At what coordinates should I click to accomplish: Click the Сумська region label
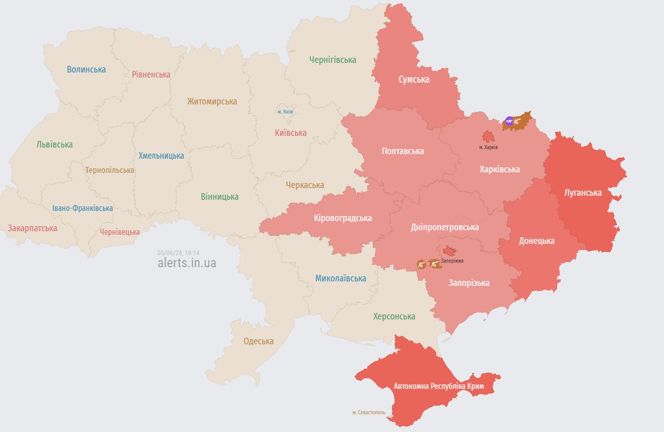[x=414, y=80]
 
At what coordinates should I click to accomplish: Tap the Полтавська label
[x=403, y=151]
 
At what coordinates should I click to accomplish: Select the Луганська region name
[x=583, y=193]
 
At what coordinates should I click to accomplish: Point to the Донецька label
[x=536, y=241]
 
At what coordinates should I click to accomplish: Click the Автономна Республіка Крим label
[x=439, y=386]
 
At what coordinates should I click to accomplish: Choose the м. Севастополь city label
[x=369, y=413]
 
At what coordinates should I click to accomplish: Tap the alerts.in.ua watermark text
[x=187, y=263]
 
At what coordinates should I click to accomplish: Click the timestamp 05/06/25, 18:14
[x=178, y=253]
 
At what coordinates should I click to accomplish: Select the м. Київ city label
[x=286, y=112]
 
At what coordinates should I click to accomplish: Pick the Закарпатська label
[x=32, y=228]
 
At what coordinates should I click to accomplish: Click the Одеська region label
[x=258, y=341]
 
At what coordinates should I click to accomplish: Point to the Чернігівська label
[x=333, y=60]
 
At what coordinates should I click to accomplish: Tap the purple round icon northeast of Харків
[x=509, y=121]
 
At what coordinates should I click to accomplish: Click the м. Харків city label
[x=488, y=147]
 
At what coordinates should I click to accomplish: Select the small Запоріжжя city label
[x=452, y=261]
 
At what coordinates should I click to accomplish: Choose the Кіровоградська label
[x=342, y=218]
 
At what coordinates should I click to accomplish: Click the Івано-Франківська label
[x=83, y=208]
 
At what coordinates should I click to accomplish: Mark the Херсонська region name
[x=394, y=316]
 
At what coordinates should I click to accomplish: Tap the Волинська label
[x=86, y=69]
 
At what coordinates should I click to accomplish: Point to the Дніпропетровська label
[x=445, y=227]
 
